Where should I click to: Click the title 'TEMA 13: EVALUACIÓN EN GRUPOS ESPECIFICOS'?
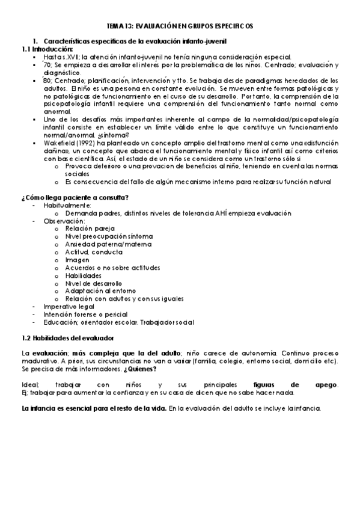click(x=180, y=27)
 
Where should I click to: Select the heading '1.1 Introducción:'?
click(x=47, y=49)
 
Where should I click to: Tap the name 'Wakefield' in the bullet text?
click(x=58, y=143)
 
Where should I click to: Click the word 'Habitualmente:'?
click(x=67, y=205)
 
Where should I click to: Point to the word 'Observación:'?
click(x=64, y=221)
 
